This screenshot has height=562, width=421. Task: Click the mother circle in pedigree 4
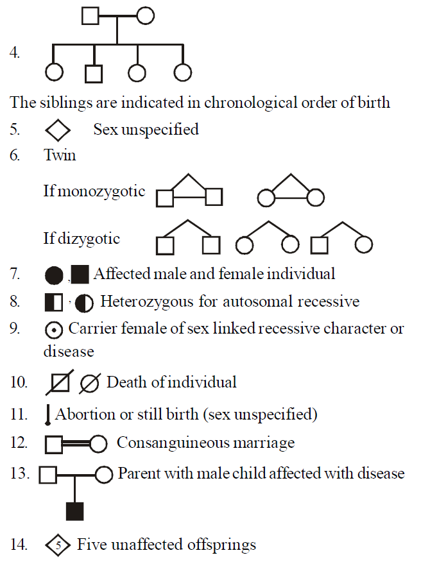coord(146,15)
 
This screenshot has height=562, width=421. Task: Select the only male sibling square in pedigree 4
coord(94,73)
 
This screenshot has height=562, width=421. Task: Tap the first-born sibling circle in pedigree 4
coord(54,73)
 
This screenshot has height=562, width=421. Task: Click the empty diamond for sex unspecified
coord(58,130)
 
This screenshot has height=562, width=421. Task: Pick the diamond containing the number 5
coord(58,545)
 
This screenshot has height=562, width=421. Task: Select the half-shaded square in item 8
coord(54,302)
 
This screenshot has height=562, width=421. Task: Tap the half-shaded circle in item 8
coord(83,302)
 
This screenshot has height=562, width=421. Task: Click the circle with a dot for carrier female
coord(55,330)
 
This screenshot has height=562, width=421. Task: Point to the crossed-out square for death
coord(60,384)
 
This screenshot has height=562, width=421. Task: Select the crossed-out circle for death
coord(89,384)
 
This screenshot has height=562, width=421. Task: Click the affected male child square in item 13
coord(75,511)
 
